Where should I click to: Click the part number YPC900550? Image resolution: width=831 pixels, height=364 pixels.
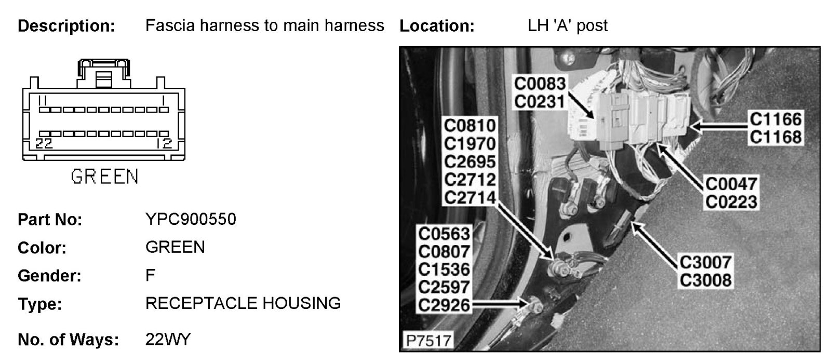191,219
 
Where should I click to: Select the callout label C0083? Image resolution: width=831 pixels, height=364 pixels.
539,83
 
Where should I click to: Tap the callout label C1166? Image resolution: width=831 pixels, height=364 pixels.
775,119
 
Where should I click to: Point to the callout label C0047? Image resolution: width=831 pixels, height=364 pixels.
731,183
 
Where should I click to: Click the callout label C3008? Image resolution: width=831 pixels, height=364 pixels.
705,280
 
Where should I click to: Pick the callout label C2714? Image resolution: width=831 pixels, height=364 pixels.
470,197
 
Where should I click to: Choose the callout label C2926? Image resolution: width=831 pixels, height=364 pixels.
444,305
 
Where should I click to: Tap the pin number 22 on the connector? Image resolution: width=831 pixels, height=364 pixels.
44,144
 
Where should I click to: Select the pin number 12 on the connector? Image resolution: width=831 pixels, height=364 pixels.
165,144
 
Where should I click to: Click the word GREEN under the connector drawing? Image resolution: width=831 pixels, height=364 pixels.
104,177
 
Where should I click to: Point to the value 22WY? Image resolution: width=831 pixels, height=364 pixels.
168,340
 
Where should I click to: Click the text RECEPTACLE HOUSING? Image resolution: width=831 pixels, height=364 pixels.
243,303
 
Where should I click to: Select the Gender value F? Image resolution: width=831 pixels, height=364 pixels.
150,275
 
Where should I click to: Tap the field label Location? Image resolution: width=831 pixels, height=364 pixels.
437,26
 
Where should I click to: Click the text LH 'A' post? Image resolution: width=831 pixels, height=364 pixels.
567,25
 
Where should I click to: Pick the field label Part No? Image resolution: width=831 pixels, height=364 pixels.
50,220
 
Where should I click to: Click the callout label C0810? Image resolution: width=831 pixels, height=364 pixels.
470,126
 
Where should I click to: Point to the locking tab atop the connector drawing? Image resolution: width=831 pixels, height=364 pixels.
104,72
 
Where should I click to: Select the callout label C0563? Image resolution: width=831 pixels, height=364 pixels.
444,234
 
